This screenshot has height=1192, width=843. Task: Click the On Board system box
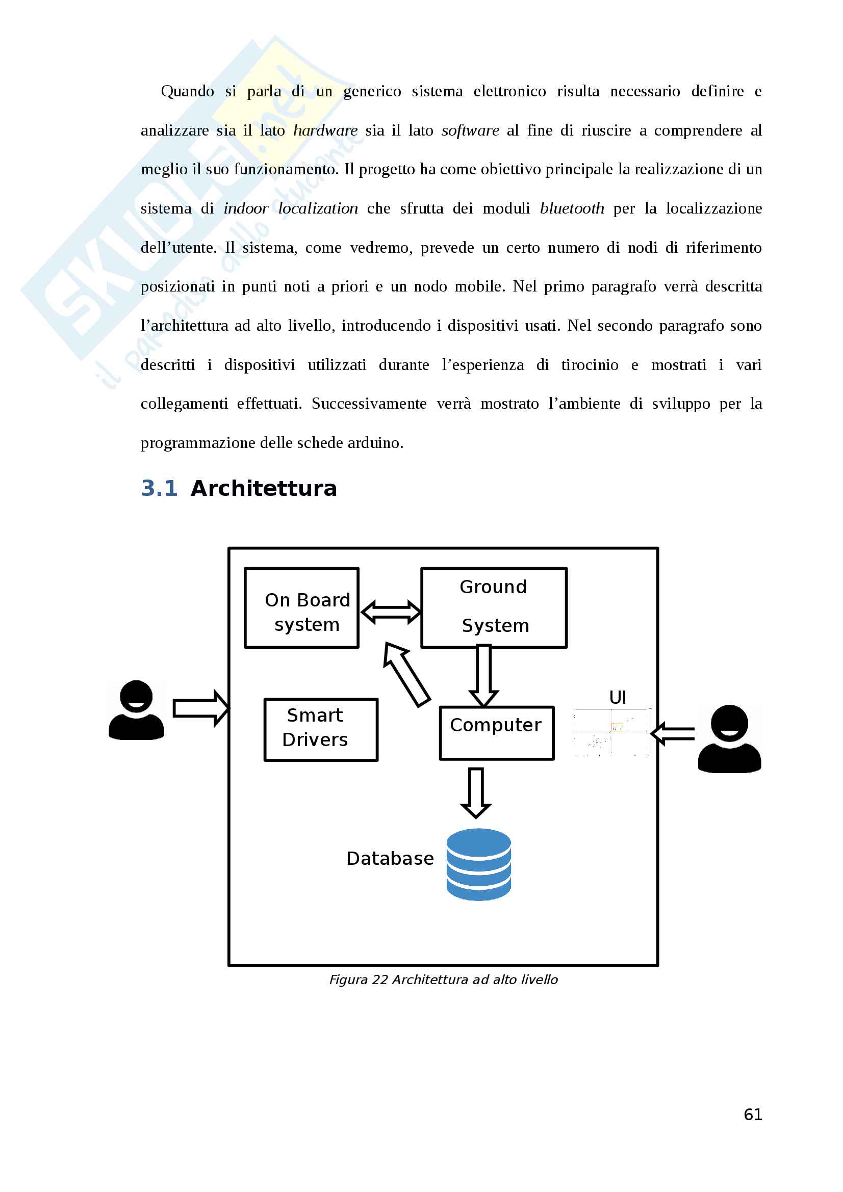(302, 607)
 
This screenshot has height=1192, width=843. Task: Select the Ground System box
(494, 607)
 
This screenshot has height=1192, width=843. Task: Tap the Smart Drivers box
(321, 729)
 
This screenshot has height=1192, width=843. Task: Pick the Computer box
(497, 733)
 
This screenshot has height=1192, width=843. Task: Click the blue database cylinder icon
(478, 864)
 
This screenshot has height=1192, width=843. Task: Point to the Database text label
(390, 859)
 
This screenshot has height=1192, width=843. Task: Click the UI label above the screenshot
(618, 697)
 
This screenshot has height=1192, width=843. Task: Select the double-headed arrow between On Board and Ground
(391, 612)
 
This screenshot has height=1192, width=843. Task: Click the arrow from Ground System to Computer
(483, 675)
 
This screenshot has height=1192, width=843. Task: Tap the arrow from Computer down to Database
(476, 793)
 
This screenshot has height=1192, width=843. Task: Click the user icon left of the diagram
(136, 710)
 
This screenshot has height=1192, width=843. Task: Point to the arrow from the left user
(201, 708)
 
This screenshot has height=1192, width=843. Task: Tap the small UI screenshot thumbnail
(612, 732)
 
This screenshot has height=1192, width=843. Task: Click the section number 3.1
(160, 488)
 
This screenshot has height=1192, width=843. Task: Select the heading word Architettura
(264, 488)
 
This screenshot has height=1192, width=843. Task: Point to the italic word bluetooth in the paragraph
(572, 208)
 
